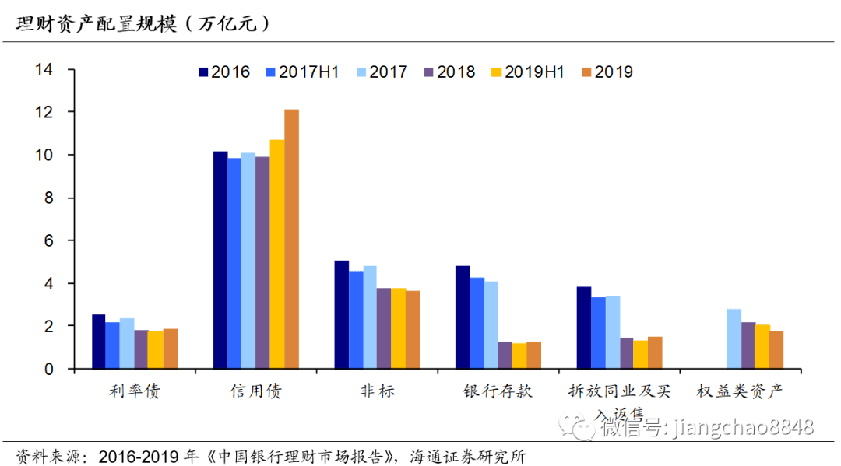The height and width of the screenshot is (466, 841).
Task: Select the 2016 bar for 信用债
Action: (x=220, y=260)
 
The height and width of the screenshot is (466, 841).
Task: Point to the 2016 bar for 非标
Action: (x=342, y=314)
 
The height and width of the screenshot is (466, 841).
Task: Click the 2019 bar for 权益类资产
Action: (x=776, y=349)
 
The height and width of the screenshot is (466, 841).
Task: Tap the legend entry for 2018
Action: (x=449, y=72)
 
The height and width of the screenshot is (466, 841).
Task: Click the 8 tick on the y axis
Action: (x=49, y=198)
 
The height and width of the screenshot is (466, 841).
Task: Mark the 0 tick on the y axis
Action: (x=49, y=370)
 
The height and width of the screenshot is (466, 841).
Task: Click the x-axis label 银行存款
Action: (x=498, y=391)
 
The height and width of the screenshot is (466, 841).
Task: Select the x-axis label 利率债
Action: (x=135, y=391)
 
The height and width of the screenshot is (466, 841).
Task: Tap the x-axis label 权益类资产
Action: (x=739, y=391)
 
